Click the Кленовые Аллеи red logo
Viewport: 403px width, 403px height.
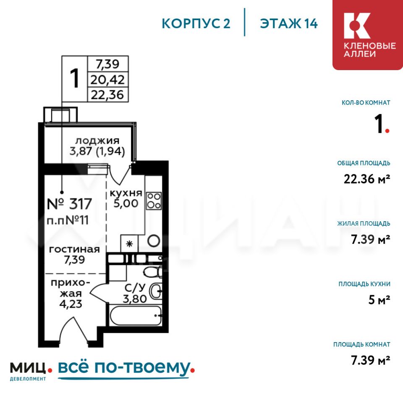368,35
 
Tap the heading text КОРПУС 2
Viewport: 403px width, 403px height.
196,24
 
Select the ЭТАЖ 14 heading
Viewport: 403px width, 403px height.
289,24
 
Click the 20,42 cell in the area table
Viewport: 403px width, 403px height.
107,80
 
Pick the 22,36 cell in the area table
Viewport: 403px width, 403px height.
107,94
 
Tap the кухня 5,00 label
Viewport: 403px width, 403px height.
126,198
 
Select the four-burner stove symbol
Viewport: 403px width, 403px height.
154,201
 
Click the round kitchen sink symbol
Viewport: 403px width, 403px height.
154,241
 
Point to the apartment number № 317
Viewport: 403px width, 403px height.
69,204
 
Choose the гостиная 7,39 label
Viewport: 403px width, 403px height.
74,254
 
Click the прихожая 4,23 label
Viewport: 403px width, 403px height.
71,293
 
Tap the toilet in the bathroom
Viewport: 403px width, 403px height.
153,272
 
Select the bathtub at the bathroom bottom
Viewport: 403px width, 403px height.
136,315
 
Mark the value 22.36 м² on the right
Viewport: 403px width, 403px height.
367,179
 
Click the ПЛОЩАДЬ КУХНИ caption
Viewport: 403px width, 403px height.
364,284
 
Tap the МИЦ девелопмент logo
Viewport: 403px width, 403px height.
31,371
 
